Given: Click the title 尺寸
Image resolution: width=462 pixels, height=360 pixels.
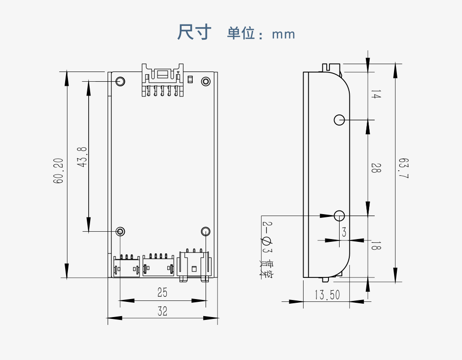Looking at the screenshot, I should pos(195,32).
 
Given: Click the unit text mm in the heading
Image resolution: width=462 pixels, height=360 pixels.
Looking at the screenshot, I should pos(283,34).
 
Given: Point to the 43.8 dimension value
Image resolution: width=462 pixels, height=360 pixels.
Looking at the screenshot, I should pos(82,157).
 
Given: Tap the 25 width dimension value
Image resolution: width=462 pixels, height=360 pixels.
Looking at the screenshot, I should pos(162,292).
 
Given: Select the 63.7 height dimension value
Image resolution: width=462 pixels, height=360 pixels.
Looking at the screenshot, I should pos(404,169).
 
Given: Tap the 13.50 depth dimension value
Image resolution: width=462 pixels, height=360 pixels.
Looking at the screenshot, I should pos(327,295).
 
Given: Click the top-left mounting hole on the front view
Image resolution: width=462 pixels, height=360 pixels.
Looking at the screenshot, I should pos(120,81).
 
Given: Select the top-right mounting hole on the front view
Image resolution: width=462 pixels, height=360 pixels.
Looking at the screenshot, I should pos(206,81).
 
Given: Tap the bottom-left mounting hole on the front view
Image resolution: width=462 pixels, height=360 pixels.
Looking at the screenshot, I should pos(120,231).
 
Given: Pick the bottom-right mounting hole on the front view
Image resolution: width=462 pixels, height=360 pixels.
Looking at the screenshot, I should pos(206,231).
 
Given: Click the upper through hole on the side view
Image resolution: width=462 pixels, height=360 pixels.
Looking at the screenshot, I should pos(340,120).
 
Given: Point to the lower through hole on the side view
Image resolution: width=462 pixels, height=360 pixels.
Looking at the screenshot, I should pos(340,215).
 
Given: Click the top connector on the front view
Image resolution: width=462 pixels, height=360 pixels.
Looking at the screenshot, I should pos(163,79).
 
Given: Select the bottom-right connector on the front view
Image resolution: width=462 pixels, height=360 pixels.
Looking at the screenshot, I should pos(194,264).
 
